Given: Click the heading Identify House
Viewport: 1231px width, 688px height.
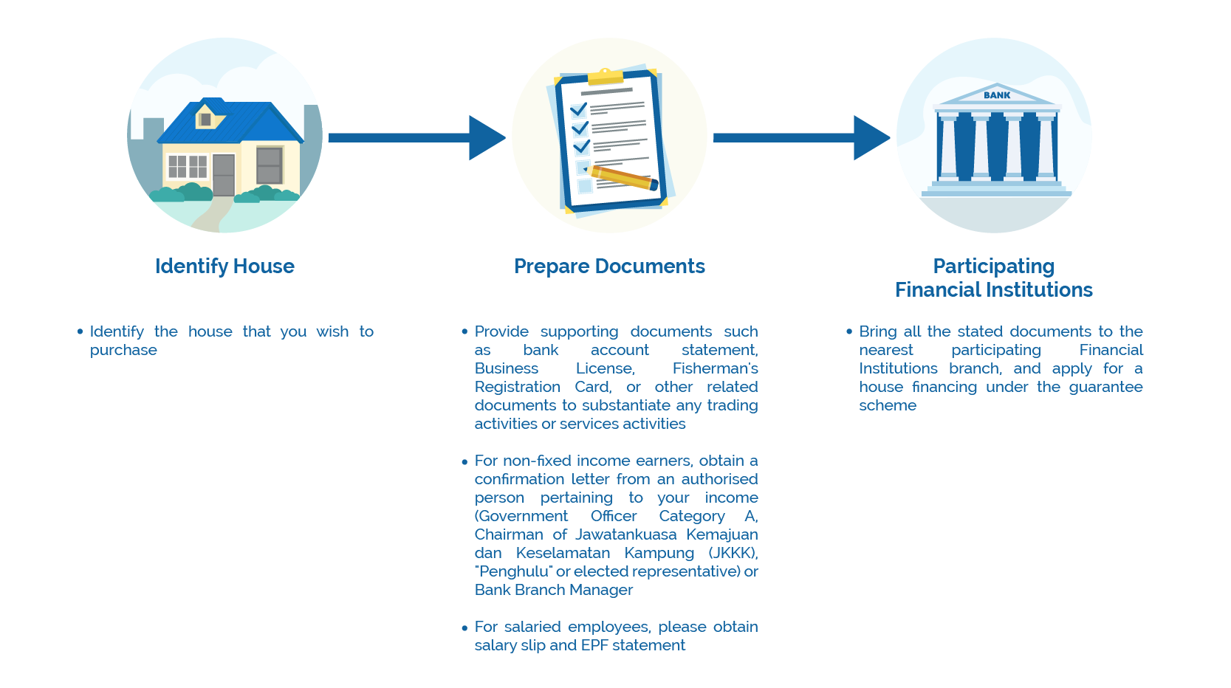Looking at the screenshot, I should click(x=224, y=266).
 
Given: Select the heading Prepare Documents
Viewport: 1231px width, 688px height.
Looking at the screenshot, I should click(x=609, y=266).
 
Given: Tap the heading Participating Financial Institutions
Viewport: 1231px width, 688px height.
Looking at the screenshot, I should click(x=993, y=278).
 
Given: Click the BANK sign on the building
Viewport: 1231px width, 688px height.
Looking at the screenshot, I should click(x=997, y=95).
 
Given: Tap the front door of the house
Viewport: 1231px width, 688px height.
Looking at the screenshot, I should click(x=224, y=174).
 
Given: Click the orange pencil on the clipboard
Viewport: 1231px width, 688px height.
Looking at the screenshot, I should click(x=625, y=177).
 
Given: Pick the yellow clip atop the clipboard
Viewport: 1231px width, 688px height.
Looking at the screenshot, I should click(x=606, y=75).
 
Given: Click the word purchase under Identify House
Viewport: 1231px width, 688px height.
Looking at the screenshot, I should click(x=123, y=350).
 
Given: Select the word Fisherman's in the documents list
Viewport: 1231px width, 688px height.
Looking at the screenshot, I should click(x=715, y=368).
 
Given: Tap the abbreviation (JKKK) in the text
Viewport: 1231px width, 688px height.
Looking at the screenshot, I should click(x=733, y=553).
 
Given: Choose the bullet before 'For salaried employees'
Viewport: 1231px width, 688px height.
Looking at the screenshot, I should click(x=464, y=628).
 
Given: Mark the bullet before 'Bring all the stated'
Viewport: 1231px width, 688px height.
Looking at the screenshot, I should click(x=849, y=331).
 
